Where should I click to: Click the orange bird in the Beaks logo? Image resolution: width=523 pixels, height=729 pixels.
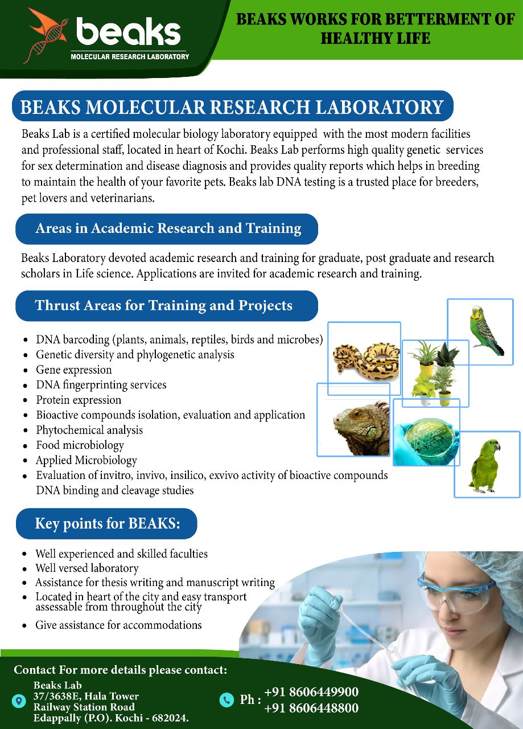click(49, 28)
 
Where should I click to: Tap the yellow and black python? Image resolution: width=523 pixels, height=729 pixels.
click(366, 361)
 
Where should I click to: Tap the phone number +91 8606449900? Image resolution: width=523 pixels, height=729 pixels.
click(311, 691)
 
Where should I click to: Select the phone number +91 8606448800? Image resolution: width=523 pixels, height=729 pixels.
click(311, 708)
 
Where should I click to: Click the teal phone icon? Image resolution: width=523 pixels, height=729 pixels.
click(227, 700)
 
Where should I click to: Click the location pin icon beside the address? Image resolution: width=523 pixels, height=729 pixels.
click(19, 701)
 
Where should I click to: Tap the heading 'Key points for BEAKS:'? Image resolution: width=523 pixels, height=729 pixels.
click(108, 523)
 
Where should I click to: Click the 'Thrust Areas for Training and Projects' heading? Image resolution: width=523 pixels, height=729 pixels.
click(163, 305)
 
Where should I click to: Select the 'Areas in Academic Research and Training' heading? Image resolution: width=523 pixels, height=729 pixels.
click(168, 228)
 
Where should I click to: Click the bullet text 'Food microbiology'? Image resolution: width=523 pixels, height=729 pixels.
click(80, 445)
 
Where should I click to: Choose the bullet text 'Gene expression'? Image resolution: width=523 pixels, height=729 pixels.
click(74, 370)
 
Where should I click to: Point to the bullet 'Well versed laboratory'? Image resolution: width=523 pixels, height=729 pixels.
click(87, 568)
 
